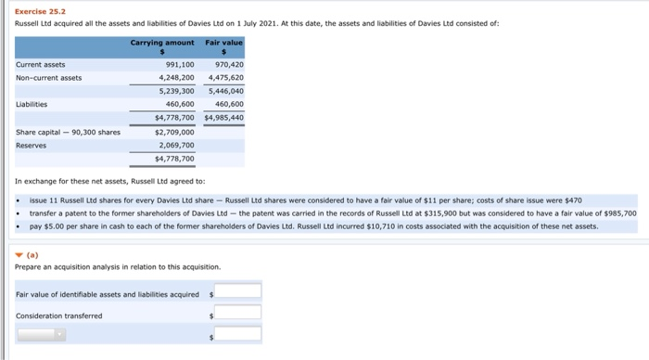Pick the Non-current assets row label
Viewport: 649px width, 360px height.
pos(49,77)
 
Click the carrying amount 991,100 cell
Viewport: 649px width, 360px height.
pos(179,64)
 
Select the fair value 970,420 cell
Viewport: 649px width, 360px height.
pos(229,64)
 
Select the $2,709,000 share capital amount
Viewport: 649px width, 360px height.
pos(174,132)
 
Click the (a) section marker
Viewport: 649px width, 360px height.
pos(27,253)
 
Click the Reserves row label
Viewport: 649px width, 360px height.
pos(32,145)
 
